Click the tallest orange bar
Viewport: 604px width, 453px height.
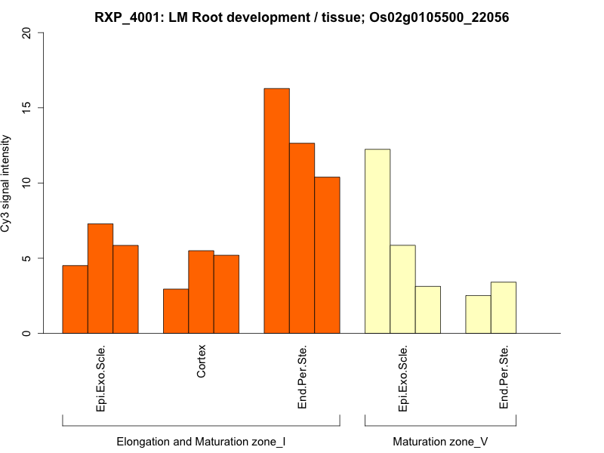[x=276, y=211]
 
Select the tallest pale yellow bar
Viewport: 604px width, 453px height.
[x=377, y=241]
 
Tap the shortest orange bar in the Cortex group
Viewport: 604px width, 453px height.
[x=176, y=311]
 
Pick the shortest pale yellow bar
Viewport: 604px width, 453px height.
[x=478, y=314]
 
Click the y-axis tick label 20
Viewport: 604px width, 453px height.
[x=28, y=33]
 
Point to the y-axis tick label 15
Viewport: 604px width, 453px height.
[x=28, y=108]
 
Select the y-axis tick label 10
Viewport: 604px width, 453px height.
[x=28, y=183]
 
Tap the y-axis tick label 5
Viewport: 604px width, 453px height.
[x=28, y=258]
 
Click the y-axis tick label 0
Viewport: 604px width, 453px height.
[x=28, y=333]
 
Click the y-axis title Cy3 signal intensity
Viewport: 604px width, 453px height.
[x=7, y=183]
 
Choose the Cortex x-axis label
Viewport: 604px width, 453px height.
[x=202, y=362]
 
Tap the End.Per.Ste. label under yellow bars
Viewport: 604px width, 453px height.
[x=504, y=378]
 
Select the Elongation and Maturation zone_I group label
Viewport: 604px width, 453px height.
[x=201, y=441]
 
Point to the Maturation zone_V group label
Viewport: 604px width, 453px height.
[x=440, y=441]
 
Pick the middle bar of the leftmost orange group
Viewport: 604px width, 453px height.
[x=100, y=279]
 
